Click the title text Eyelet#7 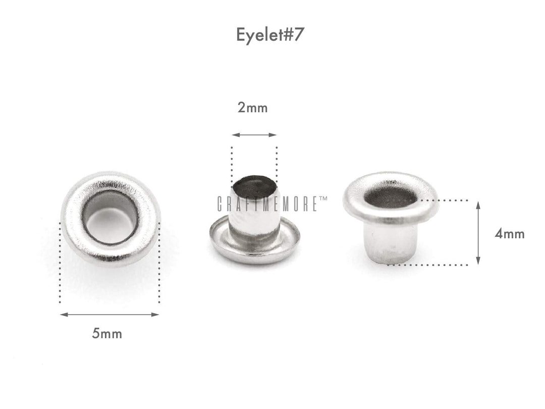[270, 35]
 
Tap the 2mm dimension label [253, 108]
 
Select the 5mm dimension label [107, 334]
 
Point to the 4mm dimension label [509, 234]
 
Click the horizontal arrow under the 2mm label [254, 135]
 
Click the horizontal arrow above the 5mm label [109, 315]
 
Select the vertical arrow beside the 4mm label [478, 232]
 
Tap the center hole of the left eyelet [111, 219]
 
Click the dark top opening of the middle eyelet [254, 185]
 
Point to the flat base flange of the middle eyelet [255, 250]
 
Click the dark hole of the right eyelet [391, 197]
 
